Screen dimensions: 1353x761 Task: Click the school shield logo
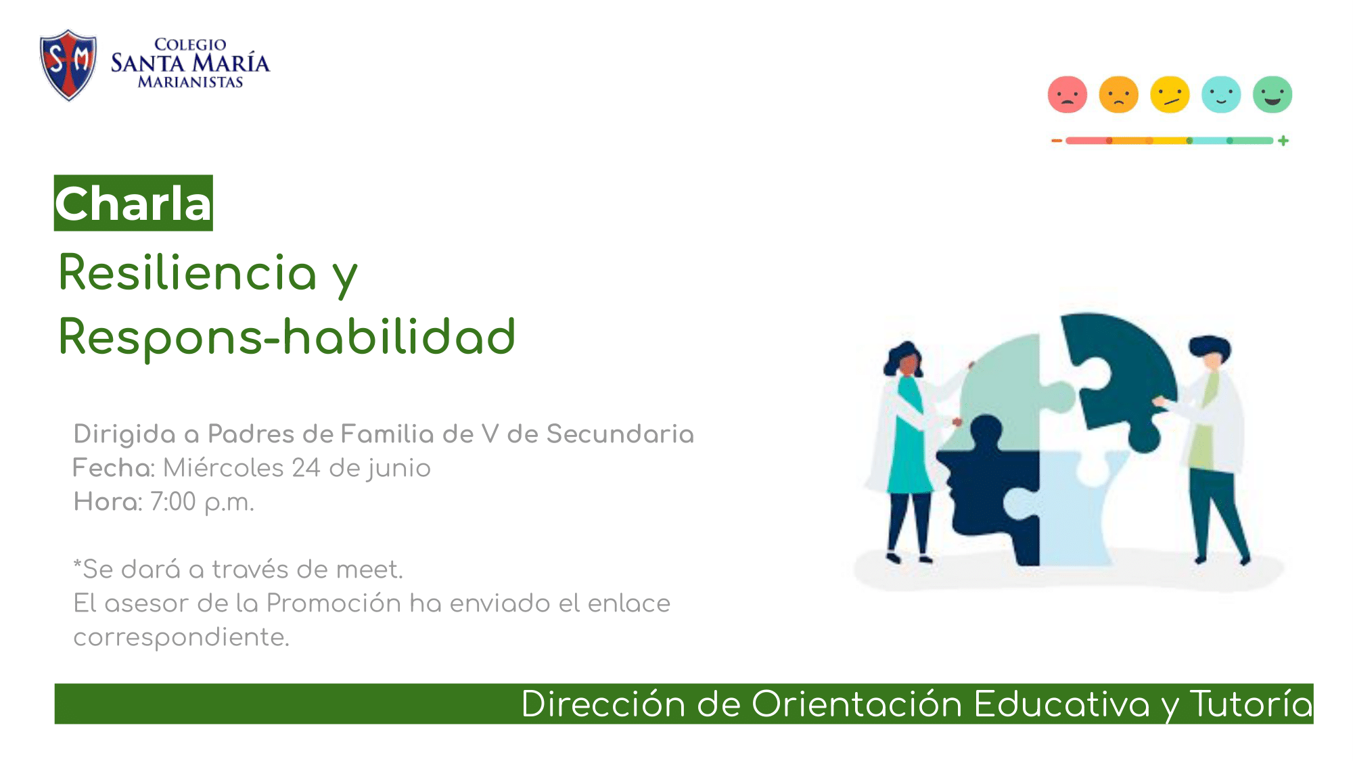(68, 65)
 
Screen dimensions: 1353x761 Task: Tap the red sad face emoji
(1068, 94)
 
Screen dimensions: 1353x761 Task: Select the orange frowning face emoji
(1119, 94)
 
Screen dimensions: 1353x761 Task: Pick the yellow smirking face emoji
(1170, 94)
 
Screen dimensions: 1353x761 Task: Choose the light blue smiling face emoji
(1221, 94)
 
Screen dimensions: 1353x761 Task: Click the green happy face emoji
(1272, 94)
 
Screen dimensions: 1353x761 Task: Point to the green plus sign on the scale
(1283, 141)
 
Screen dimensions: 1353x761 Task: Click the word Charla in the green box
(133, 204)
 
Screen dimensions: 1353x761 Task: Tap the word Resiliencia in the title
(187, 272)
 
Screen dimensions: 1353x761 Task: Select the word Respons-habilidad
(287, 336)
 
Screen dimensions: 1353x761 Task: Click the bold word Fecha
(112, 467)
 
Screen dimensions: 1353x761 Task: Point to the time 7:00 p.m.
(202, 502)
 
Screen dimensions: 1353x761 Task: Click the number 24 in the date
(306, 467)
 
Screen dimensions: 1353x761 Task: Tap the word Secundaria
(620, 434)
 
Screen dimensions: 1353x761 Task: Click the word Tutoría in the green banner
(1252, 704)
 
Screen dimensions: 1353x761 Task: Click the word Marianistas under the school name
(190, 82)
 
